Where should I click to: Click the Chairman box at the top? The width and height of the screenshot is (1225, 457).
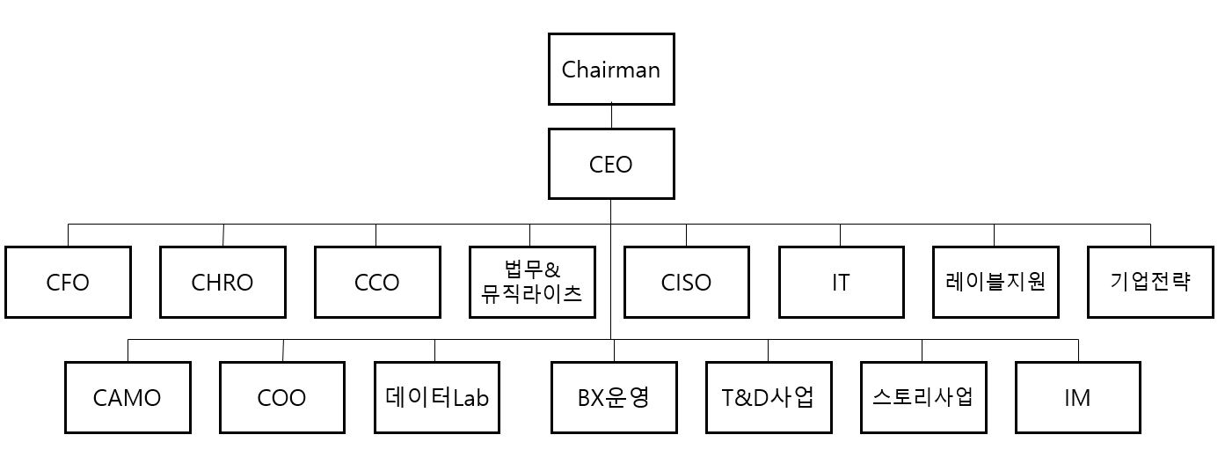(611, 70)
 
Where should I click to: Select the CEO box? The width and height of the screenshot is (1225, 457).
(611, 164)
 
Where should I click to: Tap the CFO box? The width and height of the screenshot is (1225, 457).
(68, 282)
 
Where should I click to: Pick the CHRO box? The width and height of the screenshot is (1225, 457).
(222, 282)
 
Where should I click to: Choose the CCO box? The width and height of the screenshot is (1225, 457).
(376, 282)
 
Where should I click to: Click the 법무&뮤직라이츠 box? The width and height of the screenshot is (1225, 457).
(532, 282)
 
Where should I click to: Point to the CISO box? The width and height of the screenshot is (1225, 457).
(686, 282)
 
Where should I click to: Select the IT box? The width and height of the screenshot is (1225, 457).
(841, 282)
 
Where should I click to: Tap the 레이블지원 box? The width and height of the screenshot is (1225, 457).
(995, 282)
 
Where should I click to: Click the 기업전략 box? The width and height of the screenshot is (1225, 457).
(1149, 282)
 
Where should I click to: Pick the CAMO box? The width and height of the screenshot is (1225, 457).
(128, 397)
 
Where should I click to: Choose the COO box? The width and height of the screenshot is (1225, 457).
(282, 397)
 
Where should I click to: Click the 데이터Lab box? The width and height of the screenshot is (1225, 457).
(437, 397)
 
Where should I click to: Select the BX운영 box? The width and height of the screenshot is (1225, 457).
(614, 397)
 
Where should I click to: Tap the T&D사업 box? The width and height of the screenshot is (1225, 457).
(769, 397)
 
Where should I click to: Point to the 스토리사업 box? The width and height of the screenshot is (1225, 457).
(922, 397)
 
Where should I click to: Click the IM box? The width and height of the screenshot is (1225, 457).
(1077, 397)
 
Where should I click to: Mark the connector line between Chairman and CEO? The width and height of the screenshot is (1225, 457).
(611, 116)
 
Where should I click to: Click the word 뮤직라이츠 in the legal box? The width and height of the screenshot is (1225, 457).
(532, 293)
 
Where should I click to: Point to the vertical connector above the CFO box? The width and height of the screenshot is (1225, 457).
(69, 234)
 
